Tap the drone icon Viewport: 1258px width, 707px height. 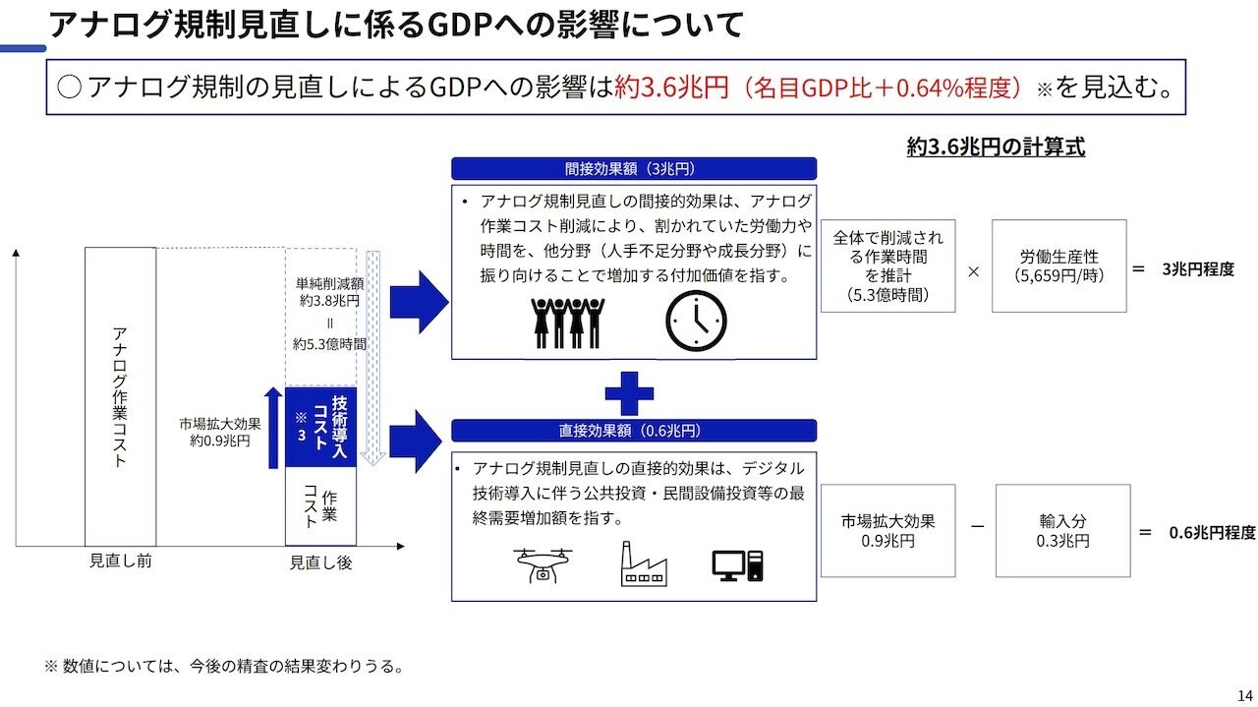pos(543,564)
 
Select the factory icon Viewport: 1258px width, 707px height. pos(643,564)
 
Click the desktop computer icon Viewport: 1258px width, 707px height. pos(737,564)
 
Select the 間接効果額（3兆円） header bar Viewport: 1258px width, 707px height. pos(634,168)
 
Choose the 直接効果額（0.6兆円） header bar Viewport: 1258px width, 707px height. pos(634,431)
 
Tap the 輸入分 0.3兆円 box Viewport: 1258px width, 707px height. pos(1062,531)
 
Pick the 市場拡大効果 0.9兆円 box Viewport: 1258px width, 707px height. pos(887,531)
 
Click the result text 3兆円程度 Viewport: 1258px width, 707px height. pos(1196,268)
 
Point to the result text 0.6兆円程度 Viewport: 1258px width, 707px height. pos(1212,533)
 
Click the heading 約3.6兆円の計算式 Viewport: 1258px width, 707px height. pos(996,147)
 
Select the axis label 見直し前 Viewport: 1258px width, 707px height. pos(120,561)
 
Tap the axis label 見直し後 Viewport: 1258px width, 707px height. pos(320,563)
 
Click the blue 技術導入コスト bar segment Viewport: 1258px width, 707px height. pos(320,427)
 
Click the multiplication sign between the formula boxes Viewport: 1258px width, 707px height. pos(973,268)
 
